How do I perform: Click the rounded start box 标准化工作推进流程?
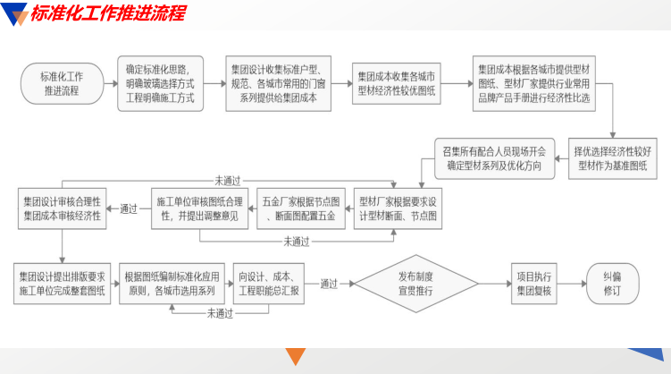point(62,82)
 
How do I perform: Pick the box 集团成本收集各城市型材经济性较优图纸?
point(396,82)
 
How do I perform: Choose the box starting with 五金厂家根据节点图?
point(300,208)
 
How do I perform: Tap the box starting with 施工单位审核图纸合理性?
point(199,208)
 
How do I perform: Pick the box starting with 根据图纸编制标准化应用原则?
point(172,283)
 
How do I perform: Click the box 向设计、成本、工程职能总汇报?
point(270,283)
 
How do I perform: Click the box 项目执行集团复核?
point(534,283)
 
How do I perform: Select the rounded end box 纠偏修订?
point(611,283)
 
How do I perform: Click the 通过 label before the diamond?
point(328,284)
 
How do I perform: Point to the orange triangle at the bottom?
point(296,358)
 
